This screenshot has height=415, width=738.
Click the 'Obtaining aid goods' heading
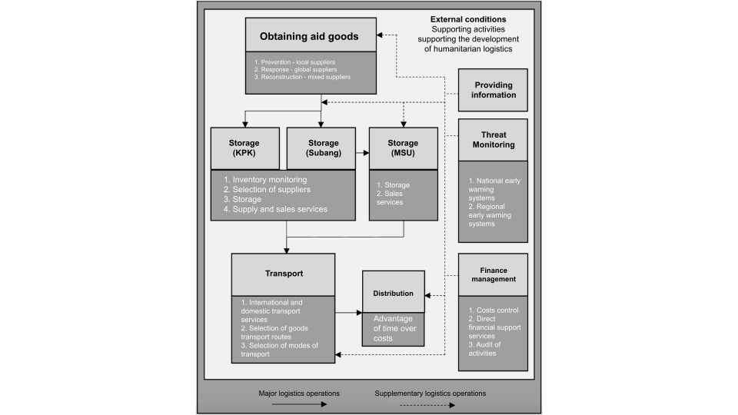(309, 37)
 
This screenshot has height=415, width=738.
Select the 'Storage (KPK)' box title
(244, 148)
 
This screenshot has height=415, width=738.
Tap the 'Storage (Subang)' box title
(324, 148)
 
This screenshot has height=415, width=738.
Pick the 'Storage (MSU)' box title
(403, 148)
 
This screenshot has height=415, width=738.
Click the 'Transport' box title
(284, 274)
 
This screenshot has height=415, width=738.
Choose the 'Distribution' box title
(393, 293)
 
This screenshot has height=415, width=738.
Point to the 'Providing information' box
(493, 90)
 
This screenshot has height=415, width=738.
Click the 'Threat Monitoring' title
(494, 140)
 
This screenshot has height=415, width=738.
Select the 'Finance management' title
(494, 274)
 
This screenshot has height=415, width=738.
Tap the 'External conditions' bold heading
(468, 19)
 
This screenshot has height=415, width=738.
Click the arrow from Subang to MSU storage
(362, 153)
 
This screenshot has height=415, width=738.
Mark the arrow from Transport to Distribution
(349, 313)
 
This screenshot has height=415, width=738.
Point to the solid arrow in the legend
(299, 404)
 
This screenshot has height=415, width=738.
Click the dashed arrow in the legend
(427, 405)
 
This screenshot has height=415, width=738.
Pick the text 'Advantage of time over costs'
(395, 328)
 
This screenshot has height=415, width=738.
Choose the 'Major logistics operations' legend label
(299, 393)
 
